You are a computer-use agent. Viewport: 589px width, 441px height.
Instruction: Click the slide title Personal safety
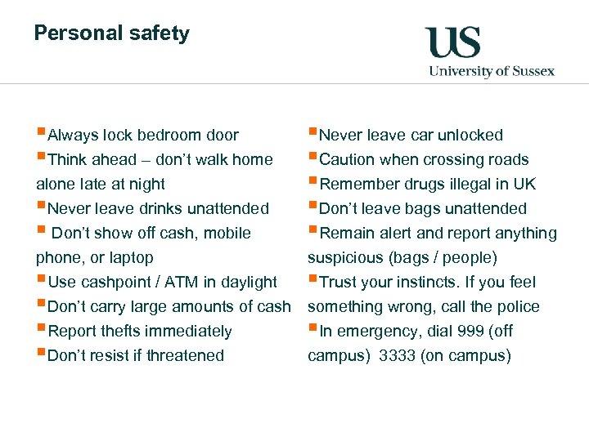point(111,33)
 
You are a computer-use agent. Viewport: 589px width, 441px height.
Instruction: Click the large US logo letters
point(452,42)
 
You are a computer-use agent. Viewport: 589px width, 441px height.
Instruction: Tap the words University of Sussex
point(492,71)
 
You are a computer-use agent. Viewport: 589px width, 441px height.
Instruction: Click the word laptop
point(132,258)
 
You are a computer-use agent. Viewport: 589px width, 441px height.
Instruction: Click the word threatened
point(184,356)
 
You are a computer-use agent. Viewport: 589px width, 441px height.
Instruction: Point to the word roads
point(507,160)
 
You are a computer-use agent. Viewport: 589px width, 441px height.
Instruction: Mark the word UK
point(524,185)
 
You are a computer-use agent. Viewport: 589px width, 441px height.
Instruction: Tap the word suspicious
point(344,258)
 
